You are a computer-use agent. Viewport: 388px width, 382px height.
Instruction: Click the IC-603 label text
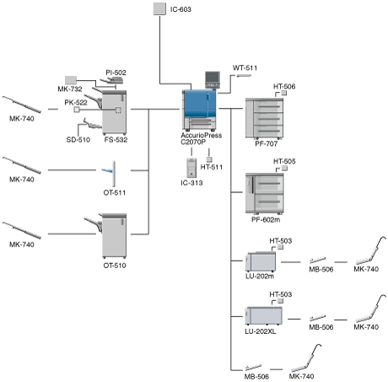point(181,9)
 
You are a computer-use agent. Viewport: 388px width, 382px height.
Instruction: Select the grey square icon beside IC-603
point(159,8)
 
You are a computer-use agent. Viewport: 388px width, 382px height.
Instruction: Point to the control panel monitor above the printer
point(213,79)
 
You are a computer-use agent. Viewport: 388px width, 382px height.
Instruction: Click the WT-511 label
point(245,67)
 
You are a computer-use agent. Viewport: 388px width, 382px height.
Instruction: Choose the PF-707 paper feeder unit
point(264,119)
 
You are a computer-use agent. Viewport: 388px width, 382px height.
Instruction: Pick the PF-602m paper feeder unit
point(265,194)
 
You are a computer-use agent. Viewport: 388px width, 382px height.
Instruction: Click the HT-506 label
point(284,86)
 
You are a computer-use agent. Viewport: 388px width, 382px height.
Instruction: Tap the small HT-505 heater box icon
point(284,168)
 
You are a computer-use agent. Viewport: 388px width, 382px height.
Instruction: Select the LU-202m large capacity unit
point(261,261)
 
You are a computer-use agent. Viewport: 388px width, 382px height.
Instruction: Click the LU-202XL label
point(261,331)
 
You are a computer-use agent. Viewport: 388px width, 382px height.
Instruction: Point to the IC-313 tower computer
point(191,168)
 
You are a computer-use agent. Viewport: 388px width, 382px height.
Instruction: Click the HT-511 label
point(212,167)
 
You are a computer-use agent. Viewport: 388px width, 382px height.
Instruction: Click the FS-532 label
point(116,140)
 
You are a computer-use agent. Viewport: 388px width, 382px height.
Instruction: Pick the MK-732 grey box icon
point(71,80)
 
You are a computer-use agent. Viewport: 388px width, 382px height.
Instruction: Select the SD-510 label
point(78,140)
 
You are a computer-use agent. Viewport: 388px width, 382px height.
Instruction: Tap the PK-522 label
point(76,103)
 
